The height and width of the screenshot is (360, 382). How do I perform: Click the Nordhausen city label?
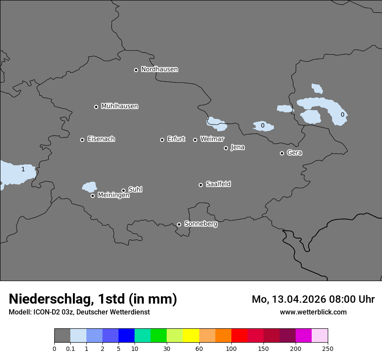(159, 69)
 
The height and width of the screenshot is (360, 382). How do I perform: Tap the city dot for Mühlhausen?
(96, 107)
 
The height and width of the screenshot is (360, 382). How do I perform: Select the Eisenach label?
(101, 139)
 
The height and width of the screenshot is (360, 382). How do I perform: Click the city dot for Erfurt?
(162, 140)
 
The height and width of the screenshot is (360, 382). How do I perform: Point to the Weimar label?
(212, 139)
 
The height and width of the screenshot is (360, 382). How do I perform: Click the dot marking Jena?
(226, 148)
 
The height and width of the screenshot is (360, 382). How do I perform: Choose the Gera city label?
(294, 153)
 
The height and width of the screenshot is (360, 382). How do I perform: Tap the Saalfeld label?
(218, 184)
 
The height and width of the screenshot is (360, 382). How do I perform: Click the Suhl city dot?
(123, 190)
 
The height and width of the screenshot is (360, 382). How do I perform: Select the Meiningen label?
(113, 196)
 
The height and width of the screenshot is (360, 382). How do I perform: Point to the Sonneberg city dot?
(179, 224)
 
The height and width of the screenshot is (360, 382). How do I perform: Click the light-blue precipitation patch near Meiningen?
(89, 187)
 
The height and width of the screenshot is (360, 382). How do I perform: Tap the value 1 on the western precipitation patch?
(23, 170)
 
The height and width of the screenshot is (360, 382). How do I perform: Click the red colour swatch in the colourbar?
(239, 336)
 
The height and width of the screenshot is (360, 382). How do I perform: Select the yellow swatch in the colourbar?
(191, 336)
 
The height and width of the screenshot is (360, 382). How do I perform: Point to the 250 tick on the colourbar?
(328, 348)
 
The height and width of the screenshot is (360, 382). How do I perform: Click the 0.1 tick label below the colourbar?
(70, 348)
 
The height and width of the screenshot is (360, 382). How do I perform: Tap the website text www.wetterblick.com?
(313, 312)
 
